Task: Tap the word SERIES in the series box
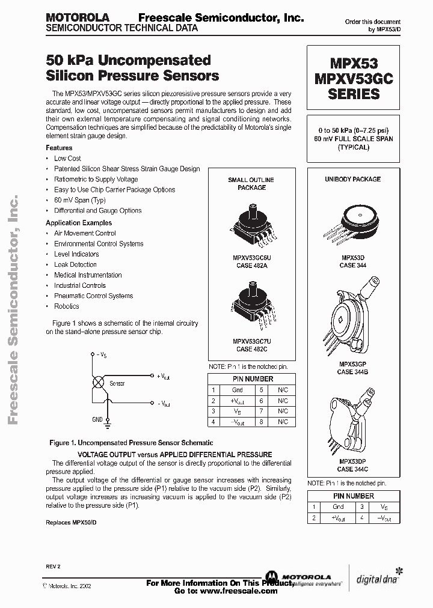[353, 94]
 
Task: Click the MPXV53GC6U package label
[251, 257]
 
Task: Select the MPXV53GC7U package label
[251, 341]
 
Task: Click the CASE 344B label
[353, 372]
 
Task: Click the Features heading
[59, 148]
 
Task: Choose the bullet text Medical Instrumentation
[88, 275]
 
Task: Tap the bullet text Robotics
[66, 306]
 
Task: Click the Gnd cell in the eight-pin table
[236, 390]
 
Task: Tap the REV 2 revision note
[53, 567]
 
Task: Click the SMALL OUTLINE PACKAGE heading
[251, 184]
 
